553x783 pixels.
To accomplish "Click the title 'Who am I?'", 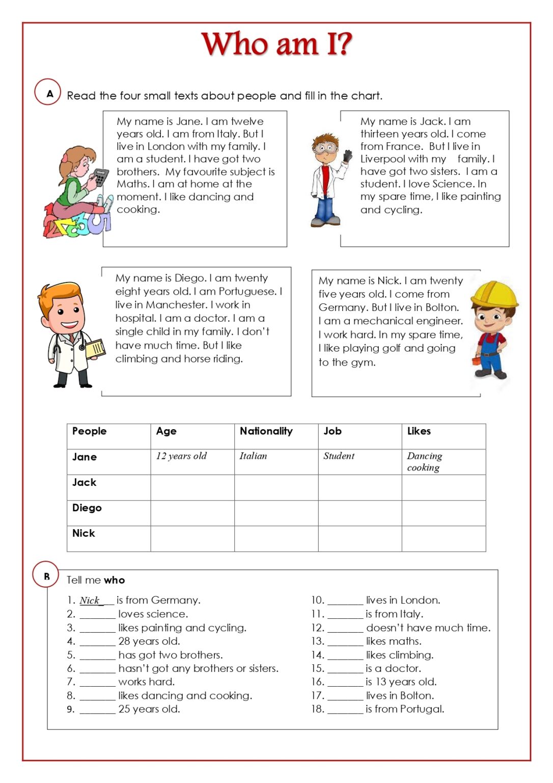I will [276, 44].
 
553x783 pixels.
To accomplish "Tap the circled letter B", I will [46, 576].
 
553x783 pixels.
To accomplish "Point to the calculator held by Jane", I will [100, 177].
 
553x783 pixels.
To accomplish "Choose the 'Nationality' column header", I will [266, 431].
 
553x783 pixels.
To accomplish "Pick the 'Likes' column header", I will [419, 431].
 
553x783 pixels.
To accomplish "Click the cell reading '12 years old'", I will [181, 456].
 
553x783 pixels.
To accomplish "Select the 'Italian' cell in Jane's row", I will [253, 456].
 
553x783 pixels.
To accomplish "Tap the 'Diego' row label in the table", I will [87, 508].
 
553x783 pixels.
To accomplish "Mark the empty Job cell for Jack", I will [360, 487].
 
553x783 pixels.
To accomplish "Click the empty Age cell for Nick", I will [192, 538].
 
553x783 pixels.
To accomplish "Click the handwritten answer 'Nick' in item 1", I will [90, 601].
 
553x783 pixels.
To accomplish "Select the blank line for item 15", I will [345, 668].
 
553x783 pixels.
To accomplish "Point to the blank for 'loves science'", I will [97, 614].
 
